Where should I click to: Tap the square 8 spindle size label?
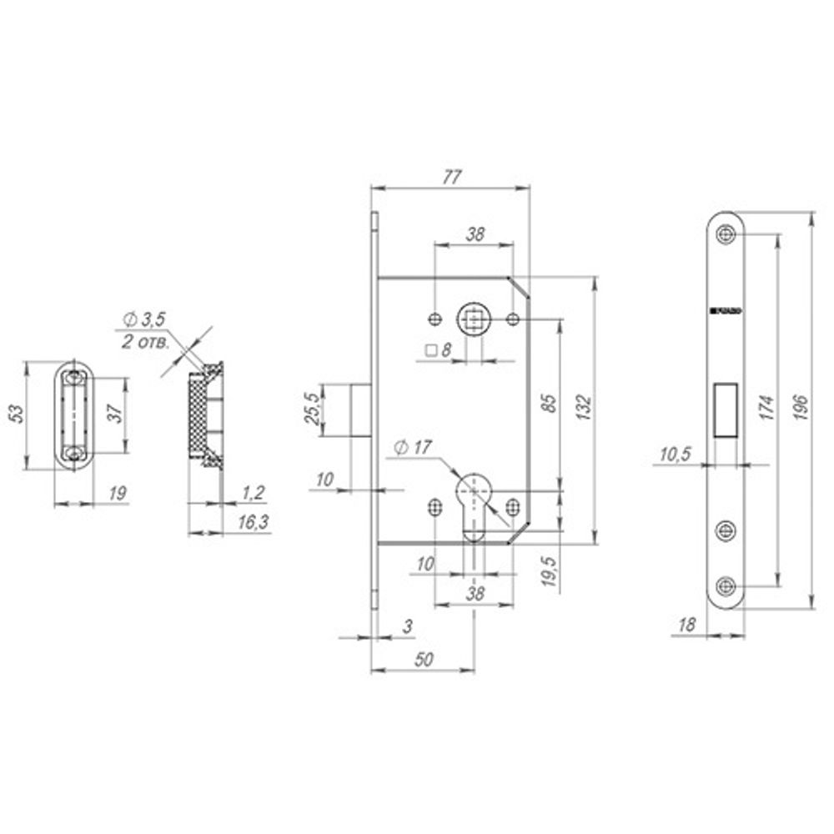(437, 351)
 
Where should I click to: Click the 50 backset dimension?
(423, 659)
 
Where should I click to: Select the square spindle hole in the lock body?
(474, 319)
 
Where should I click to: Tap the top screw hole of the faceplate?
(725, 234)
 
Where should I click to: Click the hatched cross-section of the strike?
(198, 413)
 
